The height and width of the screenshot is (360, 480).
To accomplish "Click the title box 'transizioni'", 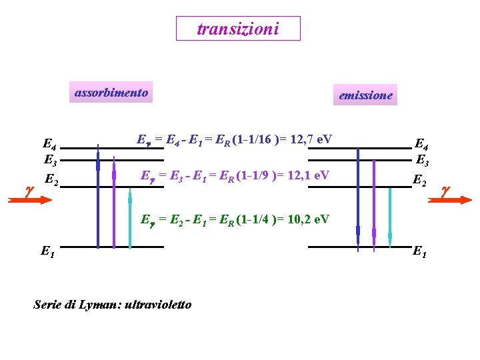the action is pos(238,29).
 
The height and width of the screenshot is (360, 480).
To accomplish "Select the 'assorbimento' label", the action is pos(111,93).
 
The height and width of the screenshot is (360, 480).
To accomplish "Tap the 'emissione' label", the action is pos(365,95).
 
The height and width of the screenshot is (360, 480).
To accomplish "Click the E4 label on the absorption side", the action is pos(49,144).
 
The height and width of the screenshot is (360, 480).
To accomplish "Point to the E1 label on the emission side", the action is pos(420,251).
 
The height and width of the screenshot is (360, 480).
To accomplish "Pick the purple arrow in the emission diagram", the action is pos(374,206).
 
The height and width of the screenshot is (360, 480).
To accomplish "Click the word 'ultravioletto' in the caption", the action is pos(159,305).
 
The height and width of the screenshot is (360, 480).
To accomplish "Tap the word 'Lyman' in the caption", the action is pos(98,305).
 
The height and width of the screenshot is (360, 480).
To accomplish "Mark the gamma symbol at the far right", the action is pos(446,190).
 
